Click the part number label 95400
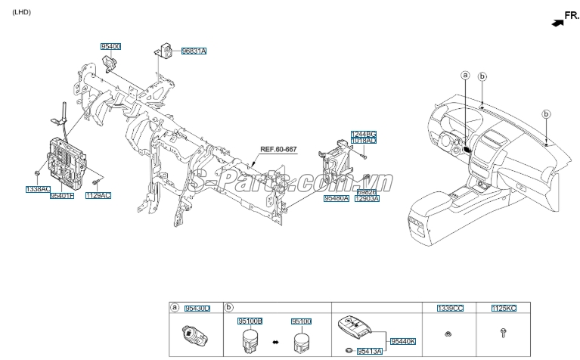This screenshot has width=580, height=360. (110, 46)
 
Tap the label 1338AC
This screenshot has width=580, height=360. (37, 188)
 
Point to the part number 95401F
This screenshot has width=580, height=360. (62, 195)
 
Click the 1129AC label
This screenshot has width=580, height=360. (98, 195)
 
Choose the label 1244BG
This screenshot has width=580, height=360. (363, 134)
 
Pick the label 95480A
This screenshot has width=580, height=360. (336, 198)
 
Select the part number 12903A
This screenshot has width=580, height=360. (367, 198)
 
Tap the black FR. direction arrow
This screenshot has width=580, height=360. (557, 23)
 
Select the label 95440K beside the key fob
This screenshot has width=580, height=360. (402, 342)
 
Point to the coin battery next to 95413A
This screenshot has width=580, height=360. (347, 350)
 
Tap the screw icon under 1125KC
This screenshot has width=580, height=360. (504, 332)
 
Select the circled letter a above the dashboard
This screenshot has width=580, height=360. (465, 75)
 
